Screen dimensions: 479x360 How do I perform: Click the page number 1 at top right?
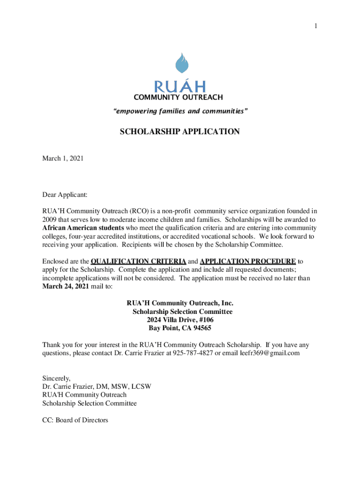tap(316, 26)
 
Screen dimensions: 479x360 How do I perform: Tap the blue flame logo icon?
tap(180, 64)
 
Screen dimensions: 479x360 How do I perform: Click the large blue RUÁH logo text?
tap(180, 87)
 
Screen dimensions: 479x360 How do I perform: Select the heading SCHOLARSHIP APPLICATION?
tap(180, 132)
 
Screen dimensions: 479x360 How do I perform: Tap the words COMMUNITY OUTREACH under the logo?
tap(178, 97)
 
